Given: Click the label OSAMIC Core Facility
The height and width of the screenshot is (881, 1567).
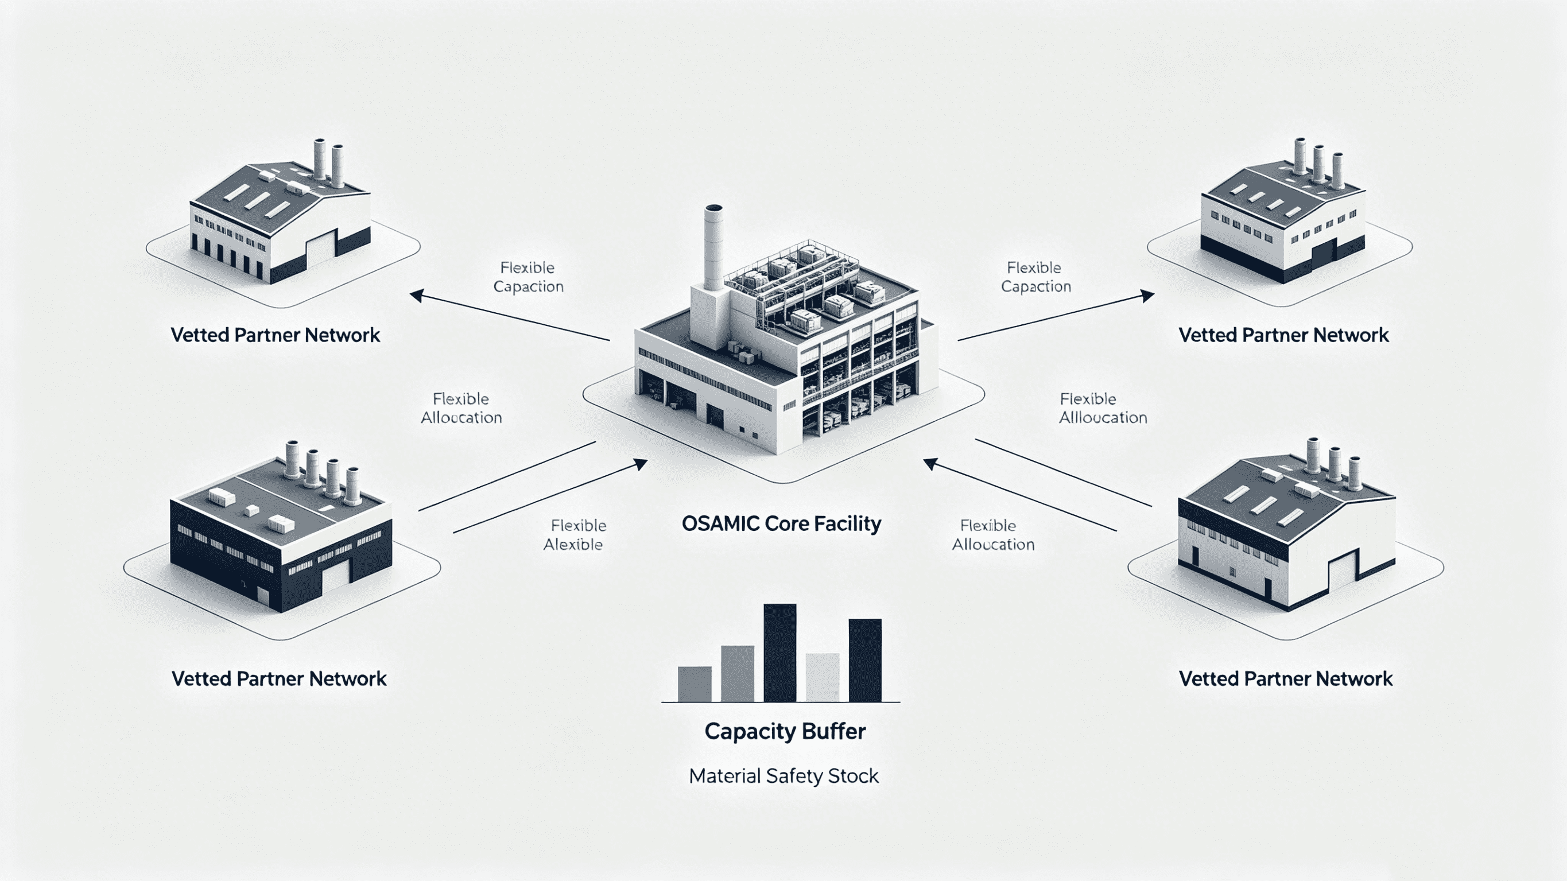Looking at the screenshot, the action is click(781, 524).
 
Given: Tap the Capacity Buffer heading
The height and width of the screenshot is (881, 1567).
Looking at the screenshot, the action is click(785, 731).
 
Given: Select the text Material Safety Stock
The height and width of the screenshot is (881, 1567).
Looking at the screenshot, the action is click(783, 776).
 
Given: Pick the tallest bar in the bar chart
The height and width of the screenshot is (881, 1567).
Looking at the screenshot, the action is click(780, 653).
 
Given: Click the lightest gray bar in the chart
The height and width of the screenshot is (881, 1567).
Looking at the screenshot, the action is click(823, 678).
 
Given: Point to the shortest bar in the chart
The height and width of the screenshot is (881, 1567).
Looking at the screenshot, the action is click(695, 685).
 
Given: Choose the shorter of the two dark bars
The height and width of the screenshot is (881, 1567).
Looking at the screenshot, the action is click(865, 661).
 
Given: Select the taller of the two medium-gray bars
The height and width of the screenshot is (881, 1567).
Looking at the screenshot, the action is click(737, 674).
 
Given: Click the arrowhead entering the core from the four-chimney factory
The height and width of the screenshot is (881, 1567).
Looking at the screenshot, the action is click(639, 464).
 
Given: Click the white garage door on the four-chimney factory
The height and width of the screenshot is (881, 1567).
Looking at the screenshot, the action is click(336, 577).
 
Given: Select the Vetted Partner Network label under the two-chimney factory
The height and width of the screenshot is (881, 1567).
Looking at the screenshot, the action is click(275, 335).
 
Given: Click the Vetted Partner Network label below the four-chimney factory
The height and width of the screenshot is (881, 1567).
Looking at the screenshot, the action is click(278, 679).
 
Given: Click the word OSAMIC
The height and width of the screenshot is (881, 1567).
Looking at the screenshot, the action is click(720, 524).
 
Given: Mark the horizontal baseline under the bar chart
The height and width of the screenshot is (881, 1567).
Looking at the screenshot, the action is click(781, 703).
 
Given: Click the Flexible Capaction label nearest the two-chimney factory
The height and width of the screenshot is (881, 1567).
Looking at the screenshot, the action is click(528, 277).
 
